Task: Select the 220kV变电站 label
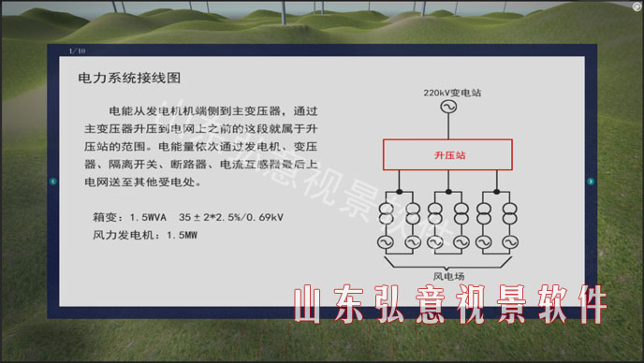click(x=452, y=94)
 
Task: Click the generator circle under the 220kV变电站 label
click(x=446, y=109)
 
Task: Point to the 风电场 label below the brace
click(x=448, y=275)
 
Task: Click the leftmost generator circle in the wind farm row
click(x=386, y=241)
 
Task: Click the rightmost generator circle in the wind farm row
click(x=509, y=241)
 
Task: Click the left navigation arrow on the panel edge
click(x=53, y=181)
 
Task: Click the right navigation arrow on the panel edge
click(x=591, y=181)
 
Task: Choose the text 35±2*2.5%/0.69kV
click(x=231, y=217)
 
